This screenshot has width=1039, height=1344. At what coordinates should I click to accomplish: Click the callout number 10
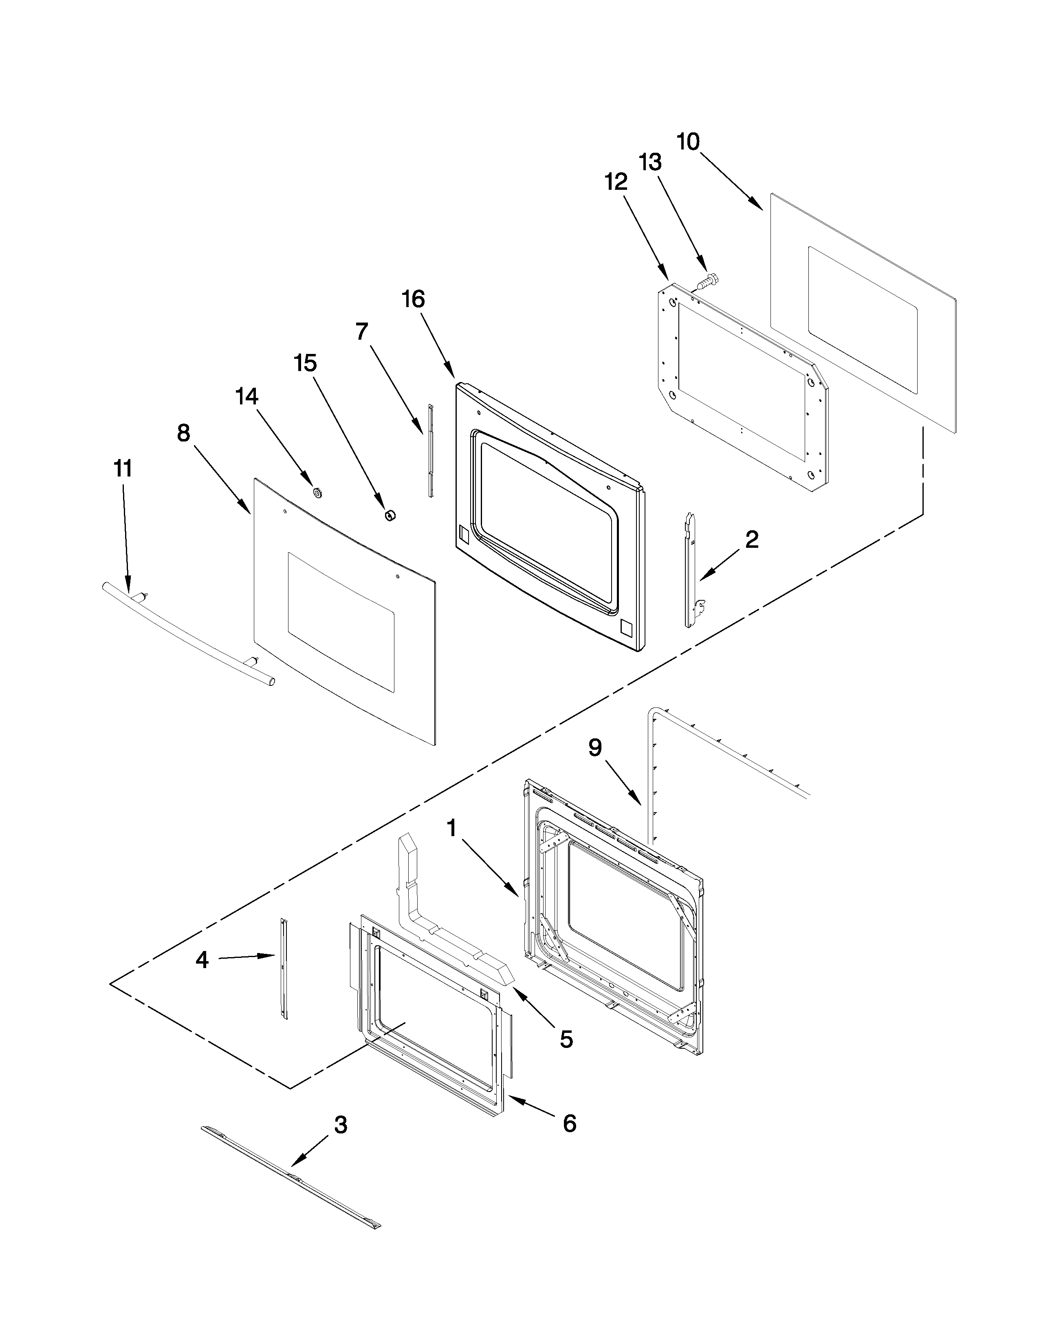point(688,142)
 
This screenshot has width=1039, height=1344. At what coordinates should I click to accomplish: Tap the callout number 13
point(650,163)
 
